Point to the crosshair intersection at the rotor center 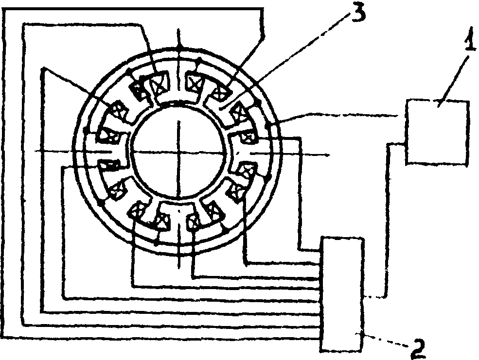179,153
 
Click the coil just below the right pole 248,171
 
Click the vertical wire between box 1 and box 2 387,219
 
